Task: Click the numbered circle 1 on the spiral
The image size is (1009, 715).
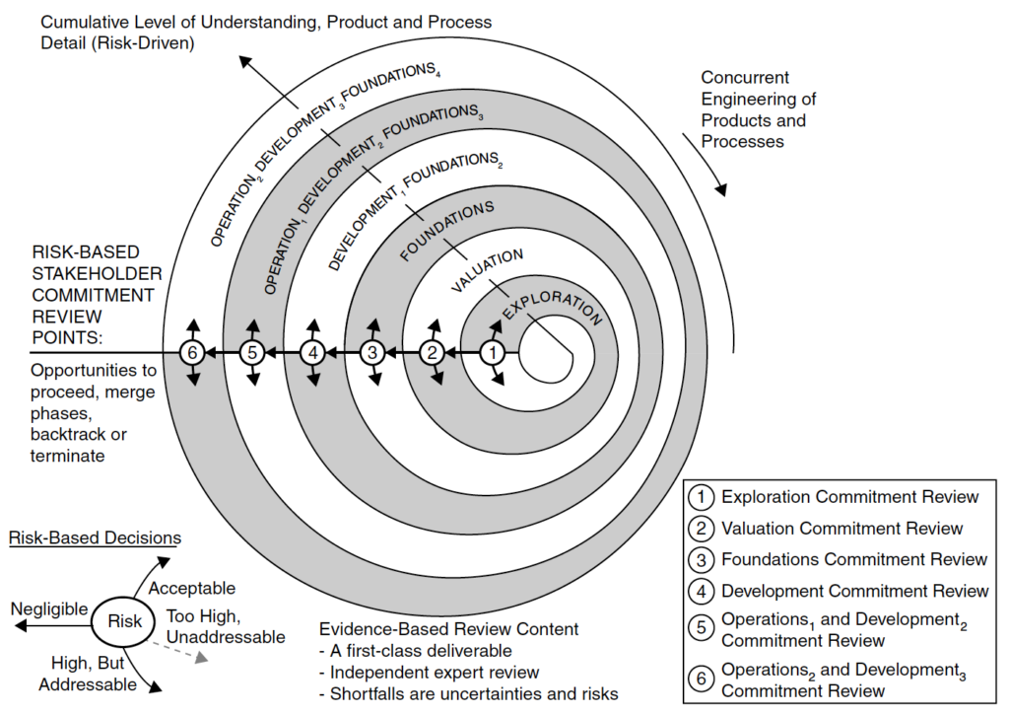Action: coord(495,352)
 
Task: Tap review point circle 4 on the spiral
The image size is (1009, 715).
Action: coord(312,352)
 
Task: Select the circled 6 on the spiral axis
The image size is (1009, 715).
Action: coord(193,352)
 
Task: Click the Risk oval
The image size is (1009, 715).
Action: coord(125,621)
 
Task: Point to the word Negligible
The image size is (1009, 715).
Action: coord(50,608)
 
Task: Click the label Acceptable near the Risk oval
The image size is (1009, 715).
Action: coord(191,589)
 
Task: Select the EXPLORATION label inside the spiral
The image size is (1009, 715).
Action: coord(551,304)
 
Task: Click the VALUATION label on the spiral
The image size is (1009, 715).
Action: coord(487,269)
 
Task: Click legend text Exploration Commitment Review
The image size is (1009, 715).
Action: coord(850,497)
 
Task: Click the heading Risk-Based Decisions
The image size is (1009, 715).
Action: coord(95,538)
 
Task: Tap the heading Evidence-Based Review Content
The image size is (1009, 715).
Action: coord(449,629)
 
